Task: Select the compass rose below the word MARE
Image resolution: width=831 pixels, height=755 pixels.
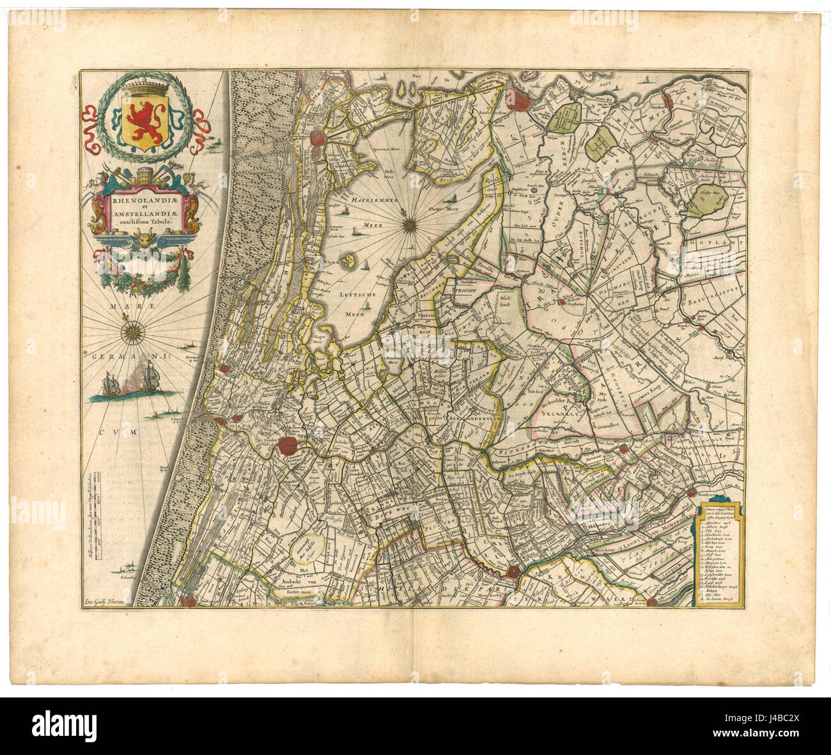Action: click(x=133, y=331)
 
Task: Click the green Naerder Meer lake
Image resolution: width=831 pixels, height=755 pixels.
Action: click(x=704, y=202)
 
